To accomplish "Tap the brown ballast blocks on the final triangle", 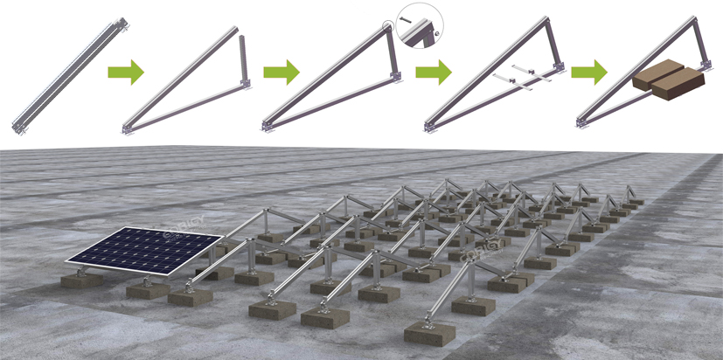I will click(668, 87).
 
